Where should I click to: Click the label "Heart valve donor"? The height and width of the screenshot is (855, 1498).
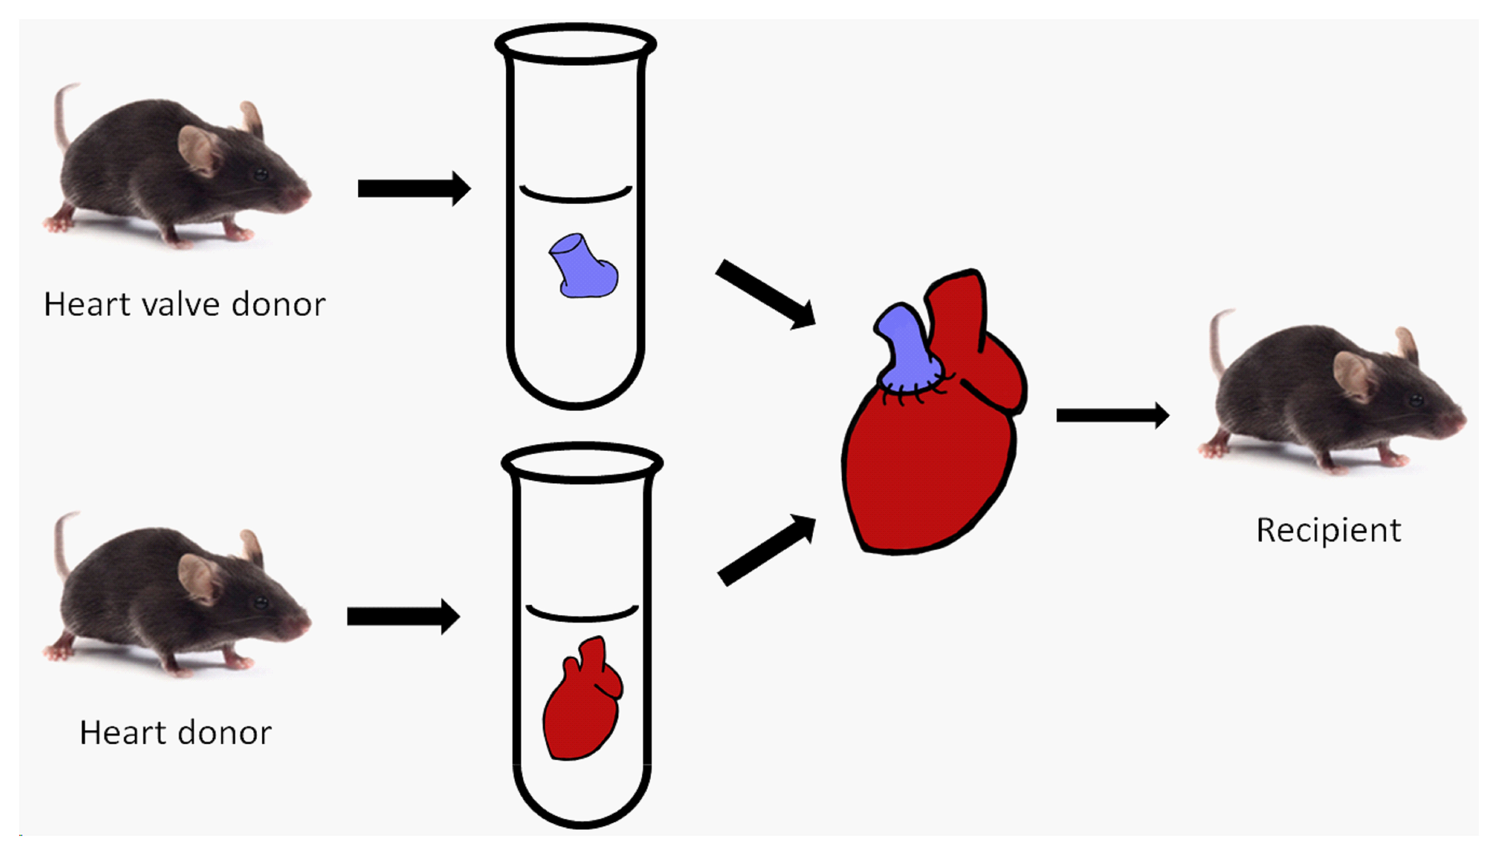184,304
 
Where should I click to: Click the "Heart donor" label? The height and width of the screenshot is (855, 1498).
175,733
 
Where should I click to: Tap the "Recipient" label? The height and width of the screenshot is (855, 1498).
1328,530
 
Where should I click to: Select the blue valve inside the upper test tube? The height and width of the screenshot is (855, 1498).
582,268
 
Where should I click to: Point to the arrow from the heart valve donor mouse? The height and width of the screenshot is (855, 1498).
414,188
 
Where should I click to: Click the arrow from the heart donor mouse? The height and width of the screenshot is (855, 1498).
403,617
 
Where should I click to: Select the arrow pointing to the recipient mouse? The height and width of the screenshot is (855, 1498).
1112,416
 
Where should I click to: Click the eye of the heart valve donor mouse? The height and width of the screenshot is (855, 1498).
260,174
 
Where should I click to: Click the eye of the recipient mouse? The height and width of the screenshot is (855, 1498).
1416,401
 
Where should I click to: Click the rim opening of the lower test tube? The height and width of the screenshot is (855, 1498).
582,462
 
